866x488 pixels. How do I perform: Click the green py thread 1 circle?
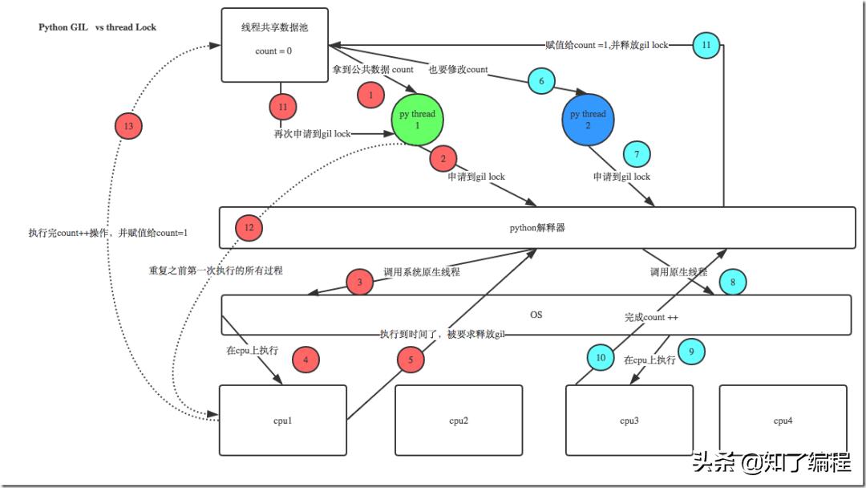coord(417,120)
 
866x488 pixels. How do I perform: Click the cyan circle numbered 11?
coord(706,45)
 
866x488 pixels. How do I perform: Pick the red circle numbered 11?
coord(282,107)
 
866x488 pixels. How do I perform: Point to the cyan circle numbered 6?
coord(541,81)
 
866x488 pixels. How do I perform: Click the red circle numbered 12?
coord(249,228)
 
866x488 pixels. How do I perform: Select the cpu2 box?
coord(459,421)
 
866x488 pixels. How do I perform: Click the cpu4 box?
coord(783,421)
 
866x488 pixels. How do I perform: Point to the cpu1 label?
coord(282,421)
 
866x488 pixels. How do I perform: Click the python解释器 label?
coord(537,228)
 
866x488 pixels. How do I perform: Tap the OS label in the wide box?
coord(536,315)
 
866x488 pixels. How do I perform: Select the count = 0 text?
coord(273,51)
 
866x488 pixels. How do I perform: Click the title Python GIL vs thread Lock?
coord(98,27)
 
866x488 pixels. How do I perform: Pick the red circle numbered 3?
coord(360,283)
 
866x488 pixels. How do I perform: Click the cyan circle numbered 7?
coord(637,153)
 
